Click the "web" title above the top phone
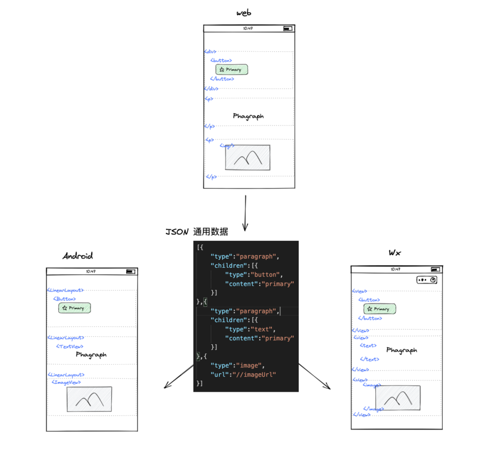pyautogui.click(x=244, y=13)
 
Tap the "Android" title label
pyautogui.click(x=78, y=256)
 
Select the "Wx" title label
pyautogui.click(x=395, y=252)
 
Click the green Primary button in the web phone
pyautogui.click(x=232, y=69)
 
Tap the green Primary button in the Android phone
pyautogui.click(x=75, y=308)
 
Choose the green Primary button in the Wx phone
pyautogui.click(x=380, y=309)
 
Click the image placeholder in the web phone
pyautogui.click(x=247, y=158)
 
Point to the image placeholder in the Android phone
pyautogui.click(x=89, y=399)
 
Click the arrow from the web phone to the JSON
pyautogui.click(x=246, y=213)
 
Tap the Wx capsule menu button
pyautogui.click(x=427, y=280)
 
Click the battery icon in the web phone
pyautogui.click(x=287, y=28)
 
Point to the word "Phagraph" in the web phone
pyautogui.click(x=248, y=116)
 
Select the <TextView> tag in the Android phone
pyautogui.click(x=70, y=346)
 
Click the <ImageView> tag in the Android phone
pyautogui.click(x=66, y=382)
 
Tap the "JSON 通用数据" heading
pyautogui.click(x=197, y=232)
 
